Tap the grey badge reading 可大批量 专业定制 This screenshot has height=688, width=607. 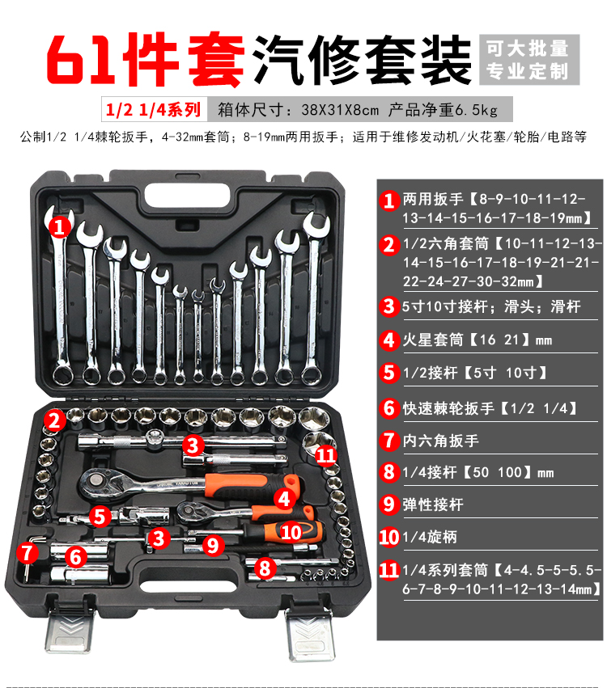[x=529, y=60]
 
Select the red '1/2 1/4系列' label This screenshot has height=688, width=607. [x=153, y=109]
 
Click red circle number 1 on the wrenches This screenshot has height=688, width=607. [x=59, y=227]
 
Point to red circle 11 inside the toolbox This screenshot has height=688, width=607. [x=326, y=455]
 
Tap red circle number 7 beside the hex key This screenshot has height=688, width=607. [x=28, y=552]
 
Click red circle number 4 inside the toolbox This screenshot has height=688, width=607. [x=284, y=499]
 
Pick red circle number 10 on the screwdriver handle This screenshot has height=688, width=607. [x=291, y=532]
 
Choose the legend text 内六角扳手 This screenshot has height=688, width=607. [x=440, y=441]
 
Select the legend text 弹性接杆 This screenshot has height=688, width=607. [x=433, y=504]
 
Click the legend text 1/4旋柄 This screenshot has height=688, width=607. [x=430, y=537]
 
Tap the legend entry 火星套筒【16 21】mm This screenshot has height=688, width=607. [x=478, y=340]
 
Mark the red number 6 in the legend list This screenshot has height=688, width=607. [x=389, y=408]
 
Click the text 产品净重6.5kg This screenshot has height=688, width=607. [x=443, y=110]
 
